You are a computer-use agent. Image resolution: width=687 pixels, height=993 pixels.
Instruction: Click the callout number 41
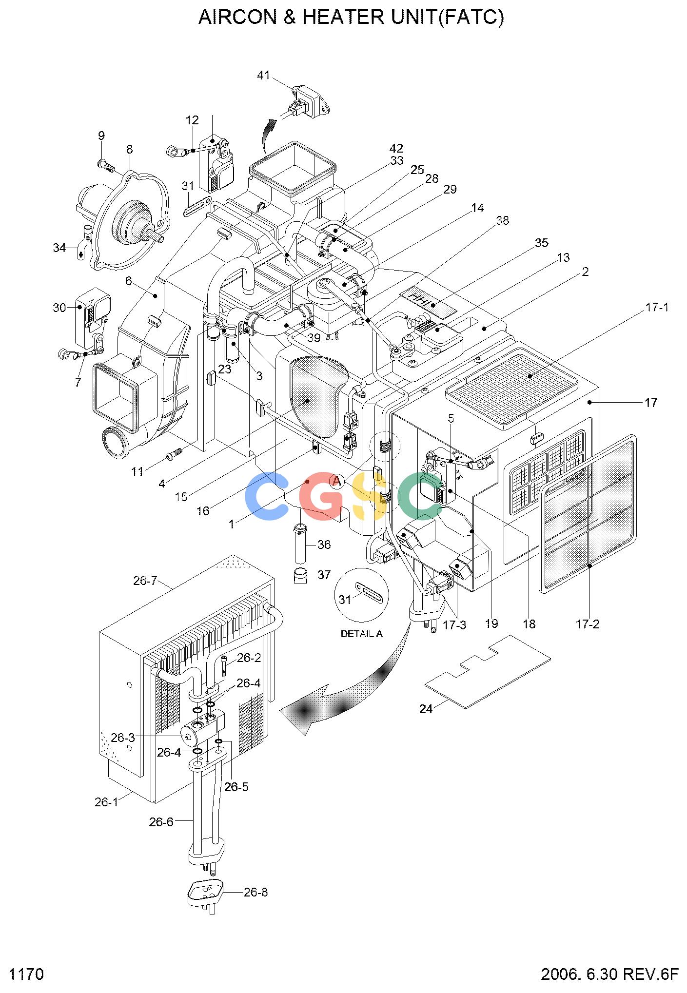[x=263, y=76]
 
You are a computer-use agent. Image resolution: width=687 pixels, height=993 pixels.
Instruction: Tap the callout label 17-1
[x=657, y=308]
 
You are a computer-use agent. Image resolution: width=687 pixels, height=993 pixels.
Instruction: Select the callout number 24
[x=426, y=709]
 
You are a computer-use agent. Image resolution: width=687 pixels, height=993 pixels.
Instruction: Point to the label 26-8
[x=255, y=893]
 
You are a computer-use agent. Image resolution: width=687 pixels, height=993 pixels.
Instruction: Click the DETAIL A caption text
[x=361, y=634]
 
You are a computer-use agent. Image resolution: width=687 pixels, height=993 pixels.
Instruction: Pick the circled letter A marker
[x=336, y=482]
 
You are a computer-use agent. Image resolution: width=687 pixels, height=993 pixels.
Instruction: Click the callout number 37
[x=324, y=575]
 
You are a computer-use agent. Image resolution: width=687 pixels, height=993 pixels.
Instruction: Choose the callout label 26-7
[x=145, y=581]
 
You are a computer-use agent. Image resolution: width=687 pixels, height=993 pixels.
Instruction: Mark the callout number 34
[x=59, y=248]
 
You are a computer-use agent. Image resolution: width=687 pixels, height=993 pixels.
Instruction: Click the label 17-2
[x=588, y=624]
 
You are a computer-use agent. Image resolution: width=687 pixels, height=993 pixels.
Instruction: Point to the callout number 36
[x=324, y=545]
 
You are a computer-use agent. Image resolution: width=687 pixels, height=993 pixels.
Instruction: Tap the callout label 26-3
[x=123, y=738]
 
